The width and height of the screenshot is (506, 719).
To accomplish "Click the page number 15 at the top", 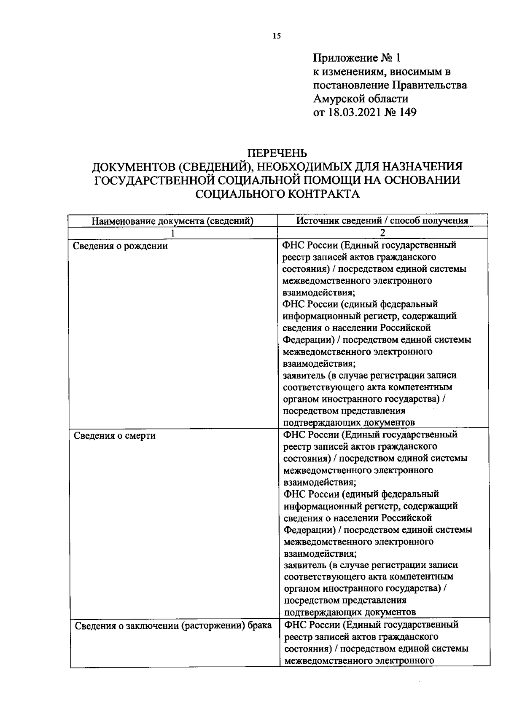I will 276,36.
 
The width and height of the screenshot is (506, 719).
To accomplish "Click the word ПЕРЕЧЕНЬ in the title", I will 277,153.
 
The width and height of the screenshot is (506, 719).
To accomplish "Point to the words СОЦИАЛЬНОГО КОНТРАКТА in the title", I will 277,194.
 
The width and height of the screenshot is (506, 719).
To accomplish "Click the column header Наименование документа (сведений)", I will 173,221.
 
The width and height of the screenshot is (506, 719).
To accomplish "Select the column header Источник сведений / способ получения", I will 382,220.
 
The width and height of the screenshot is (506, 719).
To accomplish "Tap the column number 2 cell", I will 382,233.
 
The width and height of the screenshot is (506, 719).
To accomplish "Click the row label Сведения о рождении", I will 120,246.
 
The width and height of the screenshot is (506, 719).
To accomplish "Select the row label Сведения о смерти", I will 115,435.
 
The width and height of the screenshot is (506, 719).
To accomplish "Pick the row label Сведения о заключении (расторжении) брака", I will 173,625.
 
